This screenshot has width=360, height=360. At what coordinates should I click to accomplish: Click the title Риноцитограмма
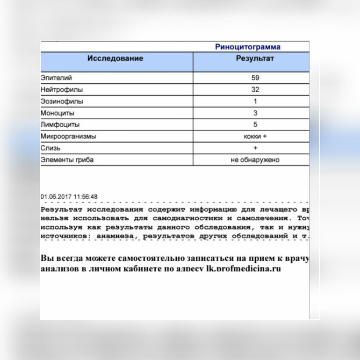248,47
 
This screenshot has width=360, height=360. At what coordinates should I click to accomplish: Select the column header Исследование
115,59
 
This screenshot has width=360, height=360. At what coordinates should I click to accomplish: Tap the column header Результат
255,59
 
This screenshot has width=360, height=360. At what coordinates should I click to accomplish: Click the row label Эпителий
57,78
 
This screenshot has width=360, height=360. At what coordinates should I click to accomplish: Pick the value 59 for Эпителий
255,78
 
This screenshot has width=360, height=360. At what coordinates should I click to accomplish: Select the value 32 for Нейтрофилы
255,90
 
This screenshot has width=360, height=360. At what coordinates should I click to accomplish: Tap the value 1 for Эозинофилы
255,101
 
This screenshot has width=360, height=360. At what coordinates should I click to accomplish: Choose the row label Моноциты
58,113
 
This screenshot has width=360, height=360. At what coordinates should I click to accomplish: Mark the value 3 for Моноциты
255,113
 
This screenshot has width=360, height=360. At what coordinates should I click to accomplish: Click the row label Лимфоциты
60,125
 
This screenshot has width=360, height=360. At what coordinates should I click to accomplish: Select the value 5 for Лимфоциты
255,125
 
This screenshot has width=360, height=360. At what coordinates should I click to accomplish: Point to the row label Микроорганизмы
69,137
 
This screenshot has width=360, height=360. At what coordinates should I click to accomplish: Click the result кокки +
255,137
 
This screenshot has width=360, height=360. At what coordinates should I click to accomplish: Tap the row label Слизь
50,148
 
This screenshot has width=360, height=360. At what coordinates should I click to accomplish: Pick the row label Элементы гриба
67,160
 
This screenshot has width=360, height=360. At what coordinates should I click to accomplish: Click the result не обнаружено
255,160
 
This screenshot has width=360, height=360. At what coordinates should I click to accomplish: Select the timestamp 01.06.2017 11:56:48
69,197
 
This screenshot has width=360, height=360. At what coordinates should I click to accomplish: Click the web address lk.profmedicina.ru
243,269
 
